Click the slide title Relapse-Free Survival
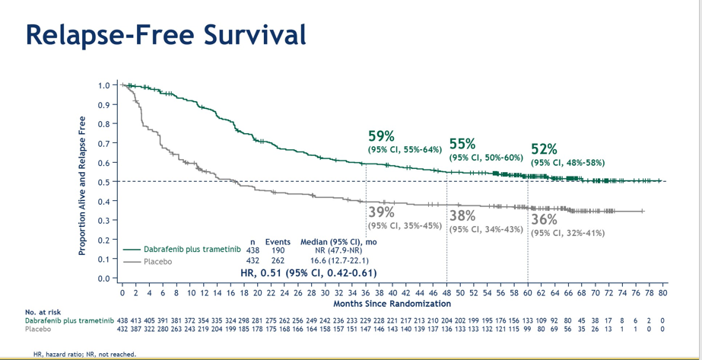(166, 34)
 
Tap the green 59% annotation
(381, 136)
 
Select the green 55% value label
(462, 144)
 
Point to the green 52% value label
(544, 149)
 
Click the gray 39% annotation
(381, 212)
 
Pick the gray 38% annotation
(462, 215)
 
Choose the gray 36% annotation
(544, 220)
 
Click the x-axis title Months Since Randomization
(392, 304)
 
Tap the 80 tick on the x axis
(662, 292)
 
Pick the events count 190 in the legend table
(278, 250)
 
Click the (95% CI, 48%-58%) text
(567, 163)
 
